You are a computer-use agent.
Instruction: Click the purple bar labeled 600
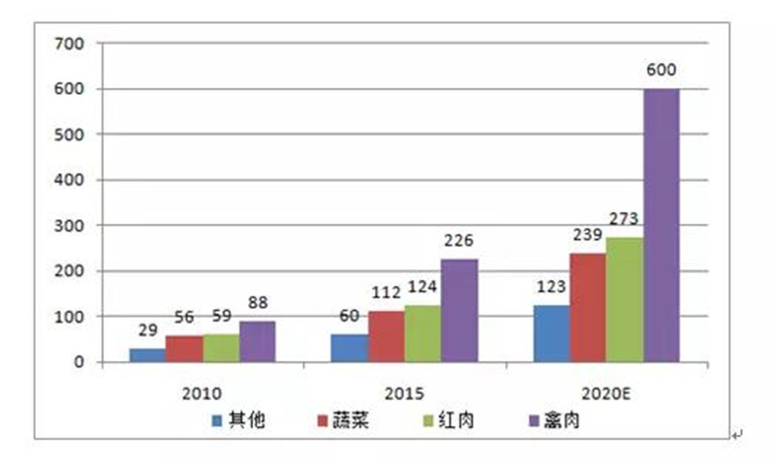[x=661, y=226]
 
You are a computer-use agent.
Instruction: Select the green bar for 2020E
[x=624, y=299]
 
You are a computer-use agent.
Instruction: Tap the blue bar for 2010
[x=147, y=355]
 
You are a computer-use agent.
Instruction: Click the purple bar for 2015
[x=459, y=310]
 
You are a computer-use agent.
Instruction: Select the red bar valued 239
[x=587, y=307]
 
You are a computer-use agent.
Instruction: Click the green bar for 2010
[x=221, y=348]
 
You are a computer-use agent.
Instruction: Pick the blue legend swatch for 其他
[x=217, y=421]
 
